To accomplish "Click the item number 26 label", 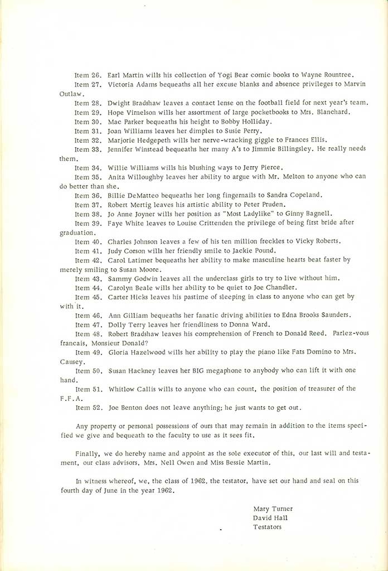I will point(87,76).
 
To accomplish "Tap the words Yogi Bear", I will point(207,76).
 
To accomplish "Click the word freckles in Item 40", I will point(253,241).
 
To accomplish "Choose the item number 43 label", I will point(87,278).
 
